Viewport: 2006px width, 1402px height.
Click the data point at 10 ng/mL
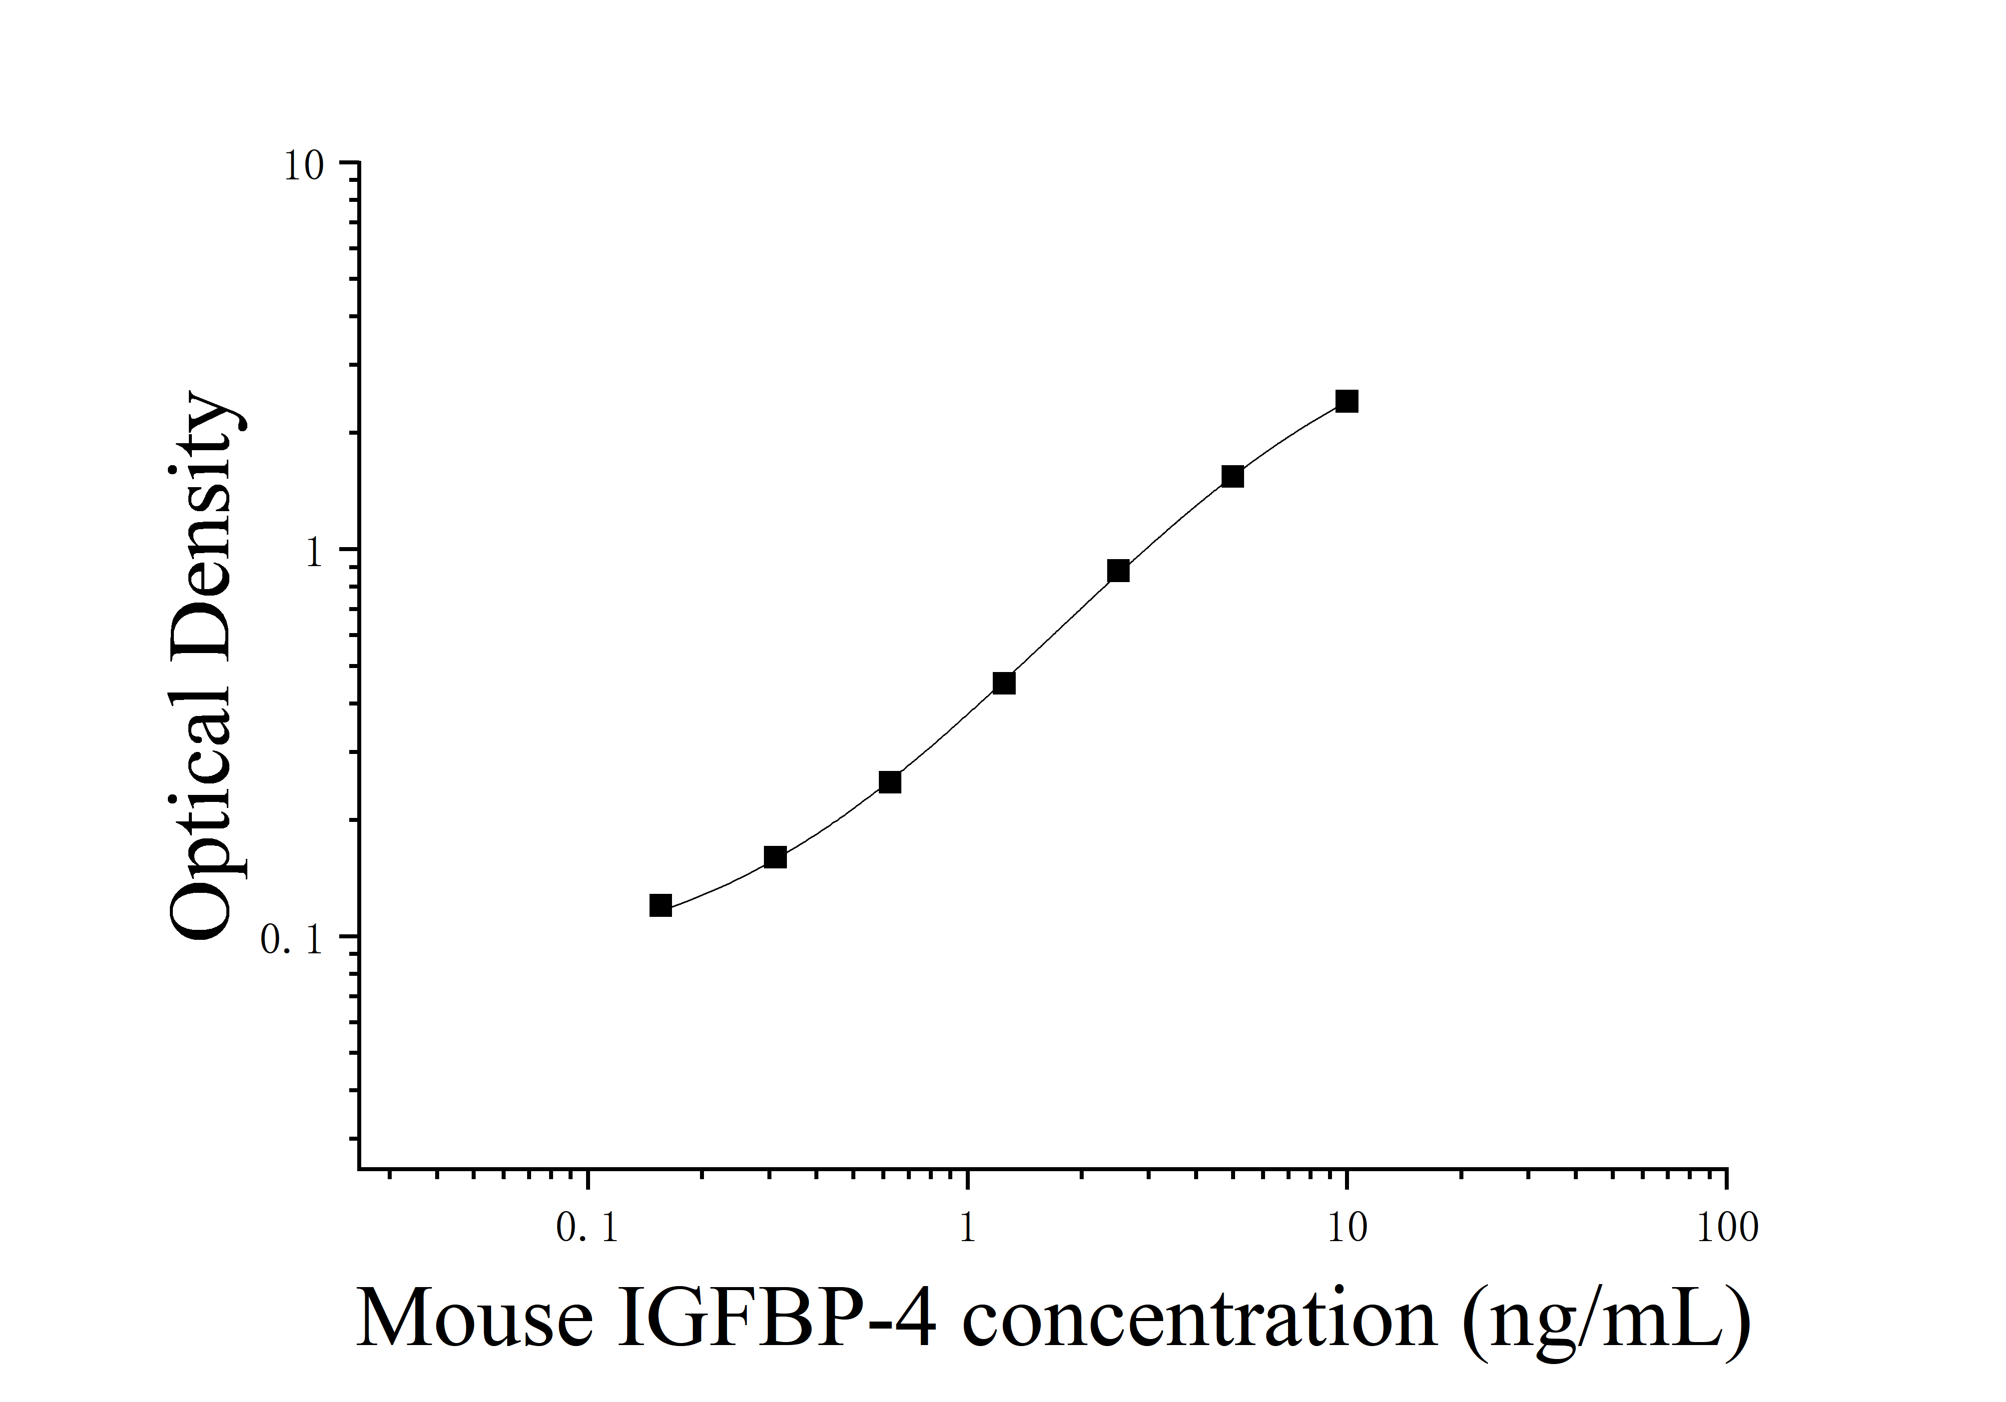(x=1346, y=402)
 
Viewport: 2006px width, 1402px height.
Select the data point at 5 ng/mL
(x=1232, y=476)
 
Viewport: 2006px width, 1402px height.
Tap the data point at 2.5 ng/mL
(x=1118, y=571)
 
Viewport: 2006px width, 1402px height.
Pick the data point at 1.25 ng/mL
(x=1004, y=683)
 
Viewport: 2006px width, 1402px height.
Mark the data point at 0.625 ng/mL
(x=889, y=782)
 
